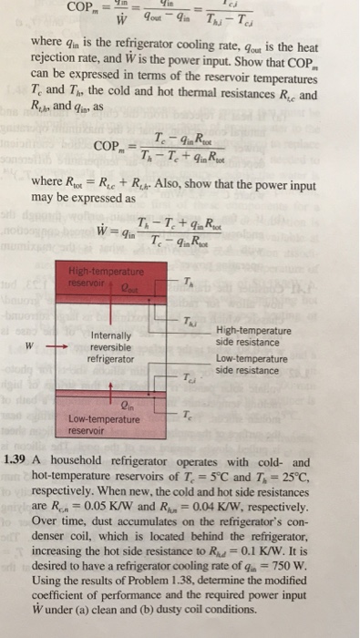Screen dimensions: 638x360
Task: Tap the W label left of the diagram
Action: [x=29, y=345]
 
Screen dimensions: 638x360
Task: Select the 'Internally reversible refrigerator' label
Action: [x=112, y=346]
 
